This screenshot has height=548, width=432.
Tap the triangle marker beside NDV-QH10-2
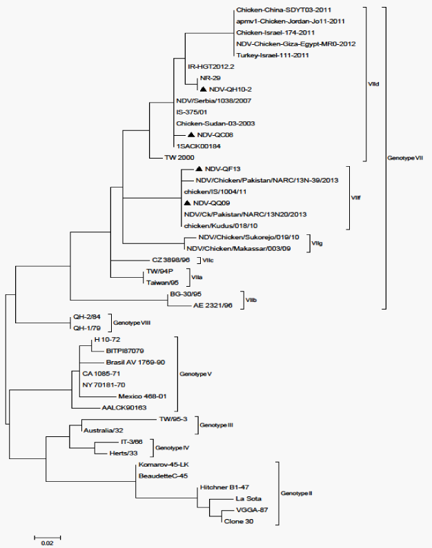point(204,90)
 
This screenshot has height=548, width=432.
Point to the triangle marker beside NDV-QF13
point(199,169)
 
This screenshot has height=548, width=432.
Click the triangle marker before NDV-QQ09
point(187,203)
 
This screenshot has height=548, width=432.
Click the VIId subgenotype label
point(374,85)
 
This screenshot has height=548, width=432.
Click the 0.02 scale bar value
point(47,542)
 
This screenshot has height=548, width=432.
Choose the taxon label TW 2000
point(179,157)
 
